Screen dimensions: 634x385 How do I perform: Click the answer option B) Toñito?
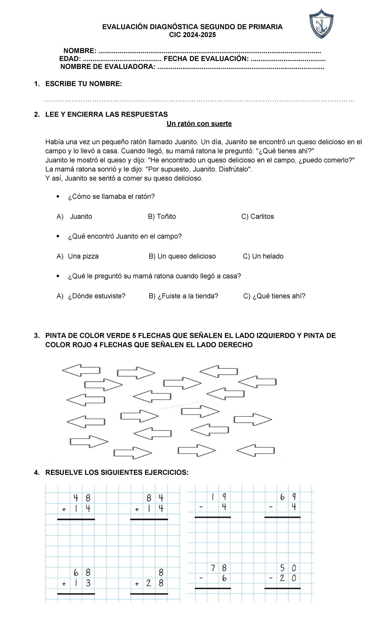click(162, 217)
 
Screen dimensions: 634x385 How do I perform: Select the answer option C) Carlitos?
click(258, 217)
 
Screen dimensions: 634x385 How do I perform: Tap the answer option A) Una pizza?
click(78, 256)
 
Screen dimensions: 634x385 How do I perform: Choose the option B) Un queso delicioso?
click(182, 256)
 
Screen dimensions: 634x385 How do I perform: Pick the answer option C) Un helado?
click(263, 256)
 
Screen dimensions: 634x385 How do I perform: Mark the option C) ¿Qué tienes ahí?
click(274, 296)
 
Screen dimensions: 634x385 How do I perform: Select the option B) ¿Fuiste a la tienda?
click(184, 296)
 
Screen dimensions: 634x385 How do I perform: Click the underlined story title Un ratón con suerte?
click(199, 124)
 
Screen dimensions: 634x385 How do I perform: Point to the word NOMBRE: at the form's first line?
click(80, 51)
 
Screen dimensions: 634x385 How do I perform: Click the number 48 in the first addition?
click(82, 498)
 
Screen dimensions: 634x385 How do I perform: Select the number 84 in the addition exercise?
click(155, 498)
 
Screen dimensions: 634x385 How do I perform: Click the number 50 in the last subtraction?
click(288, 568)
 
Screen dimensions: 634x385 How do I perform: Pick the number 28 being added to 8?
click(155, 583)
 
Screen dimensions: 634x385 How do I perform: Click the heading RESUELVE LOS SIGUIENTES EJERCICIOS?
click(117, 473)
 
